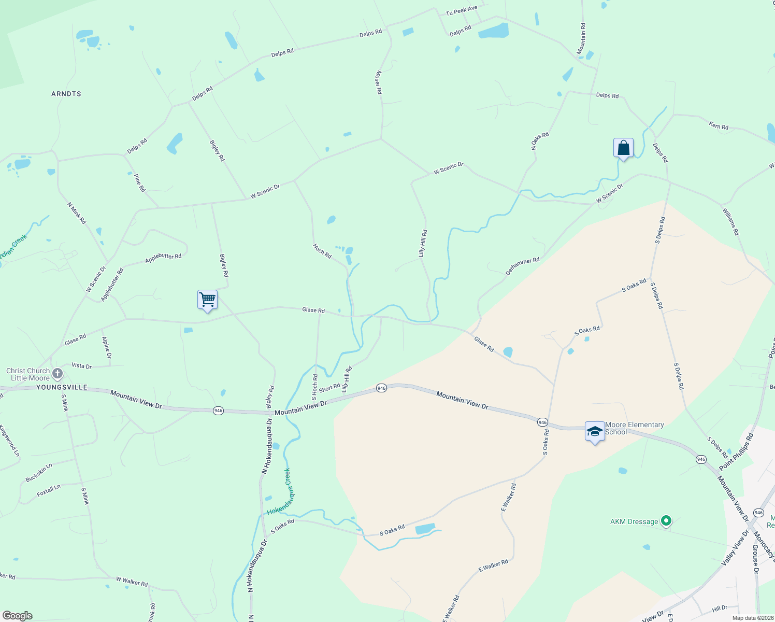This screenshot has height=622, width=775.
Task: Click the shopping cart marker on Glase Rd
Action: [x=207, y=299]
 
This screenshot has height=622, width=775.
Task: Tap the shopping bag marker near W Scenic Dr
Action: [x=623, y=148]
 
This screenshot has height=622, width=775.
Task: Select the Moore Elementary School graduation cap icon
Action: [x=595, y=431]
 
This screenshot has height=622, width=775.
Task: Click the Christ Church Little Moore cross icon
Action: [x=58, y=373]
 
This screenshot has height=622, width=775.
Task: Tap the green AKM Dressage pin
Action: [x=666, y=520]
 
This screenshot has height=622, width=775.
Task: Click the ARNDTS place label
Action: [x=66, y=94]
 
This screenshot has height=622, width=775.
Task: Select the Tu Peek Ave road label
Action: [x=462, y=10]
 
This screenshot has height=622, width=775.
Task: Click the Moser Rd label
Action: [x=379, y=82]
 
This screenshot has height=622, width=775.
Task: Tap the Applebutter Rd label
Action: [x=163, y=258]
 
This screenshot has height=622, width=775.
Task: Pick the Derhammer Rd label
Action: [x=522, y=266]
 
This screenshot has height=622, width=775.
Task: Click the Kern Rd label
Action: [x=719, y=126]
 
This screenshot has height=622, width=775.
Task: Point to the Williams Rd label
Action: [x=730, y=221]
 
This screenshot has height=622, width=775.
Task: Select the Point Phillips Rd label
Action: [x=736, y=449]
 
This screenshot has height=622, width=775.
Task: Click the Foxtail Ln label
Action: [x=49, y=491]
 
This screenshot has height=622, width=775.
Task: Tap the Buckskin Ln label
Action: [x=39, y=473]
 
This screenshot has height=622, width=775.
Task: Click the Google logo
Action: [x=18, y=615]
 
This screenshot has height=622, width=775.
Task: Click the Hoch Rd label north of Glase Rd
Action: [x=322, y=251]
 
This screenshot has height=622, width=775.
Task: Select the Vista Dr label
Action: [x=81, y=366]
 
